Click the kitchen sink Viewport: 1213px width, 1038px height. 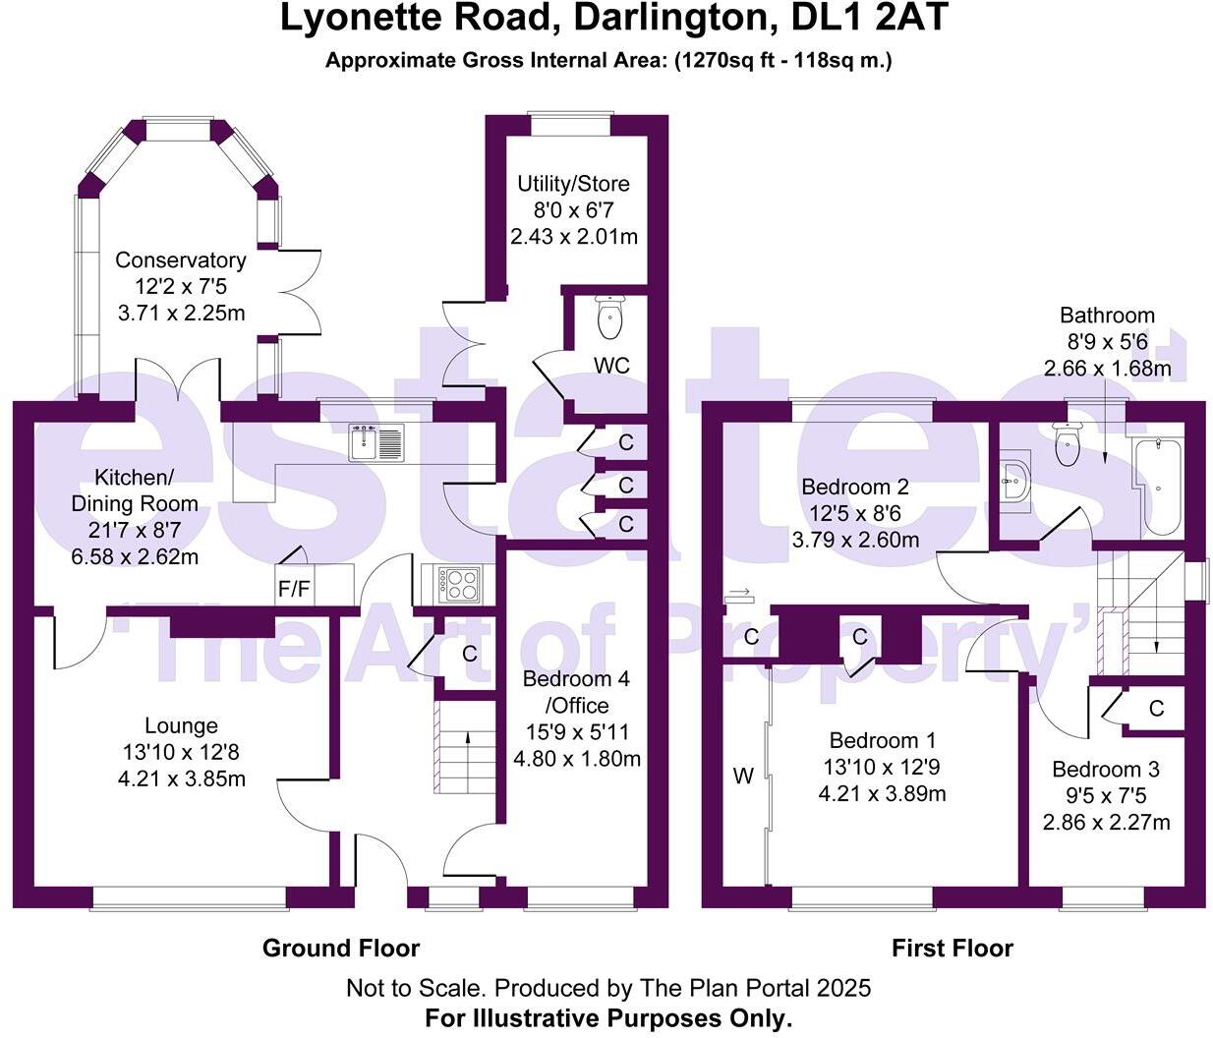coord(375,442)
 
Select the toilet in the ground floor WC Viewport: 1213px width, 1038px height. coord(610,315)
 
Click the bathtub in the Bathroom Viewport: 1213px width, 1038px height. coord(1160,487)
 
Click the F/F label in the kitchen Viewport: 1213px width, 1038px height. coord(294,591)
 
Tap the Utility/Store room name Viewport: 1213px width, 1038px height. coord(574,184)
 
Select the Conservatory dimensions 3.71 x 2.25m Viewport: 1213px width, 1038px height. coord(180,313)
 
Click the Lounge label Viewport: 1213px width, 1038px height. coord(181,725)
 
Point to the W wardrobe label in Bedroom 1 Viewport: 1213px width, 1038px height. coord(743,777)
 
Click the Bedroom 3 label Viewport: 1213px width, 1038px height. coord(1106,769)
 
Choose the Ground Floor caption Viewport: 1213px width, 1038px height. coord(341,948)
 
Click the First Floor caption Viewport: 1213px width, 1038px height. coord(952,948)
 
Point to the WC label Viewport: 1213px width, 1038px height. coord(611,366)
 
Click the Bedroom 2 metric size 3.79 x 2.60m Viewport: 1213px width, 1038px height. coord(855,540)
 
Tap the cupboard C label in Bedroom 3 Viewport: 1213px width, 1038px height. coord(1156,709)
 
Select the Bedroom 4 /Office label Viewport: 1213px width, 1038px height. coord(576,692)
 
